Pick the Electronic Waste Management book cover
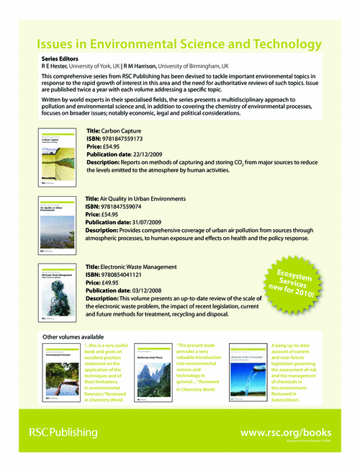point(57,291)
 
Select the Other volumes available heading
point(73,337)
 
